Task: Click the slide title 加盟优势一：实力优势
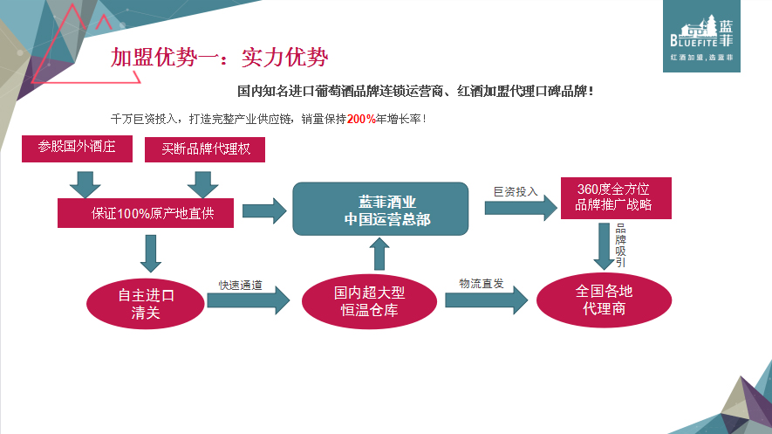point(219,59)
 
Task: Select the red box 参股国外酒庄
point(77,148)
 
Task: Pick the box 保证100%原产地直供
point(146,213)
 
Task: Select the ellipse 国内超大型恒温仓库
point(366,301)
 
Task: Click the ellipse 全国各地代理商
point(604,299)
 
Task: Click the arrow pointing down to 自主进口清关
point(151,252)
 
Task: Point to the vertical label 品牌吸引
point(620,245)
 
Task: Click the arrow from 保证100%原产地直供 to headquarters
point(263,210)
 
